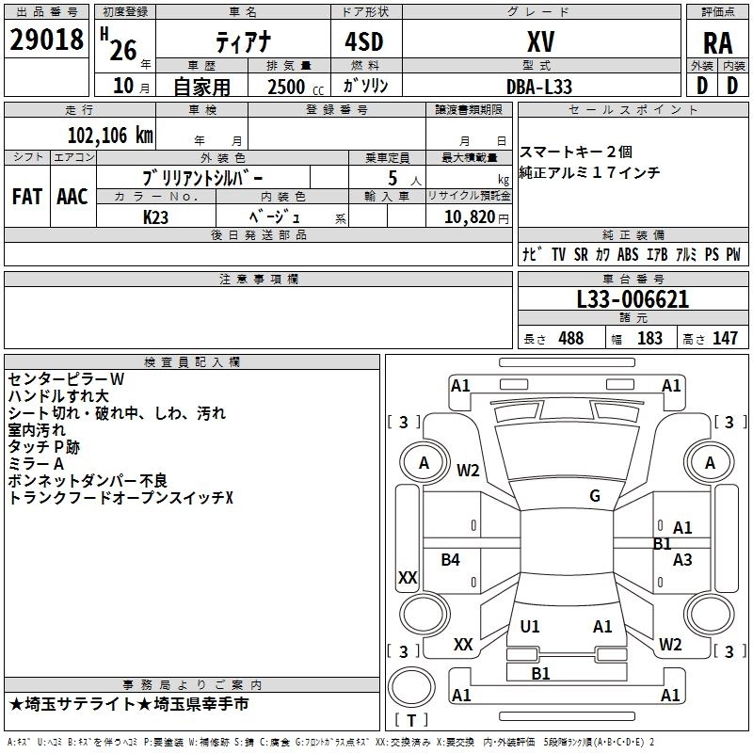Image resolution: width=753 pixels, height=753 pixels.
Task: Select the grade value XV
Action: tap(539, 42)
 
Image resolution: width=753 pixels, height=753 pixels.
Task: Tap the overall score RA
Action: tap(717, 42)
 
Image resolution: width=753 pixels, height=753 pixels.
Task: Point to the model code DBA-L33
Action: tap(539, 86)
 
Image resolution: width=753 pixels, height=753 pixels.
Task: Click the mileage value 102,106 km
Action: tap(110, 135)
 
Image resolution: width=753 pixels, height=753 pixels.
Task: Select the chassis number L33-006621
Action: tap(633, 299)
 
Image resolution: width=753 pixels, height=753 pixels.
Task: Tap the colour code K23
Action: tap(155, 216)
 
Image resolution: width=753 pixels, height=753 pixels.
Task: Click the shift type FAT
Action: tap(26, 197)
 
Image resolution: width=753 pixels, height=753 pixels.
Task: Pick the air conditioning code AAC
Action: tap(72, 197)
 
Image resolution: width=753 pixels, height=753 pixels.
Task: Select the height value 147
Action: tap(725, 339)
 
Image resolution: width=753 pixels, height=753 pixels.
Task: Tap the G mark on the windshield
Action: tap(595, 496)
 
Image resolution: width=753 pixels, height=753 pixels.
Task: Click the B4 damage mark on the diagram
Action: tap(451, 560)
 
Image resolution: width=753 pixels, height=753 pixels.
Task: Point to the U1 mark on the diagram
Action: tap(530, 627)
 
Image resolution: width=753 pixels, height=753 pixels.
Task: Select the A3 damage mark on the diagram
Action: tap(682, 560)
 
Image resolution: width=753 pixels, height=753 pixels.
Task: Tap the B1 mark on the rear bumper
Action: tap(540, 673)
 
